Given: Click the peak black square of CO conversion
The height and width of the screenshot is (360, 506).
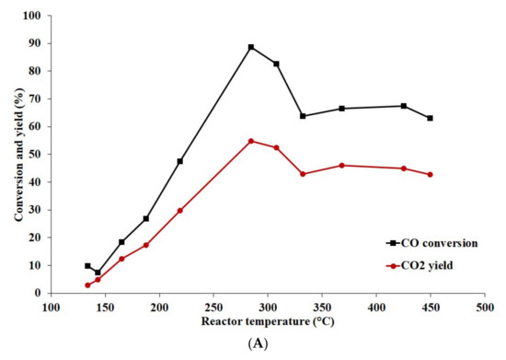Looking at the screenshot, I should tap(251, 47).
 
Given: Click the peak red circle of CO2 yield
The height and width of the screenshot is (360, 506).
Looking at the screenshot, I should tap(251, 141).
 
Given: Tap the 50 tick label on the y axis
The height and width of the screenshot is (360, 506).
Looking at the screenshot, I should tap(33, 154).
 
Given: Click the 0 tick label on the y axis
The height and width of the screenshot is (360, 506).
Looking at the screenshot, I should tap(36, 293).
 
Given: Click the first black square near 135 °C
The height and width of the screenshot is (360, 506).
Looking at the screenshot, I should tap(88, 266).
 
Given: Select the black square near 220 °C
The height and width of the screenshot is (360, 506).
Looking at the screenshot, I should tap(180, 161).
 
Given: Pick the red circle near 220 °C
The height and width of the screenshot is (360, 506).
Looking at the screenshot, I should tap(180, 210).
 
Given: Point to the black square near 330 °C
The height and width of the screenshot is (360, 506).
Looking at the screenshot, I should tap(303, 116).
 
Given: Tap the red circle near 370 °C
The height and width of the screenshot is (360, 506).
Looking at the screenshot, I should tap(341, 166).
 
